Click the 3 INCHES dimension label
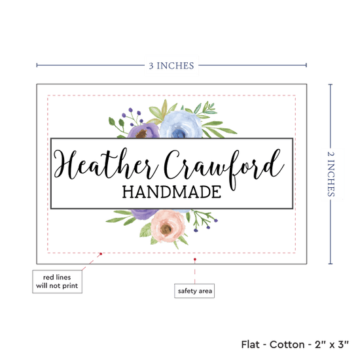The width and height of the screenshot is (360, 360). (x=171, y=65)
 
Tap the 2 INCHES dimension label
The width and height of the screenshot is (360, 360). (x=331, y=174)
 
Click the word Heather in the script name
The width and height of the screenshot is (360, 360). (x=106, y=164)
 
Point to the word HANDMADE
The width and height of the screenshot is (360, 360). (x=171, y=192)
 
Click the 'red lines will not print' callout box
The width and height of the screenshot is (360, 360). (x=57, y=281)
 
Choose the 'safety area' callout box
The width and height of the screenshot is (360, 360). (x=194, y=291)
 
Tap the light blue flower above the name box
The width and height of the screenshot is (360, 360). (x=181, y=124)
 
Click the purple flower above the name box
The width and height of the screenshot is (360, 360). (x=143, y=131)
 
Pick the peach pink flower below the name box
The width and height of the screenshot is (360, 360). (x=168, y=226)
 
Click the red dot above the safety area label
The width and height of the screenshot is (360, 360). (x=194, y=259)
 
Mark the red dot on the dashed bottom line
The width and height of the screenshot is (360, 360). (x=101, y=254)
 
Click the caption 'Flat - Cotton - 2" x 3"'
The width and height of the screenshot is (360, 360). (x=295, y=344)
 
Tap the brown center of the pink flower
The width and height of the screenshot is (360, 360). (x=166, y=229)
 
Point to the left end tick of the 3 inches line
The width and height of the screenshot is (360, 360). (x=37, y=65)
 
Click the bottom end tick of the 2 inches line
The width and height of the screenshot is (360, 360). (x=331, y=264)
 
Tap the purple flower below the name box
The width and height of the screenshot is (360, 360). (x=144, y=213)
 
